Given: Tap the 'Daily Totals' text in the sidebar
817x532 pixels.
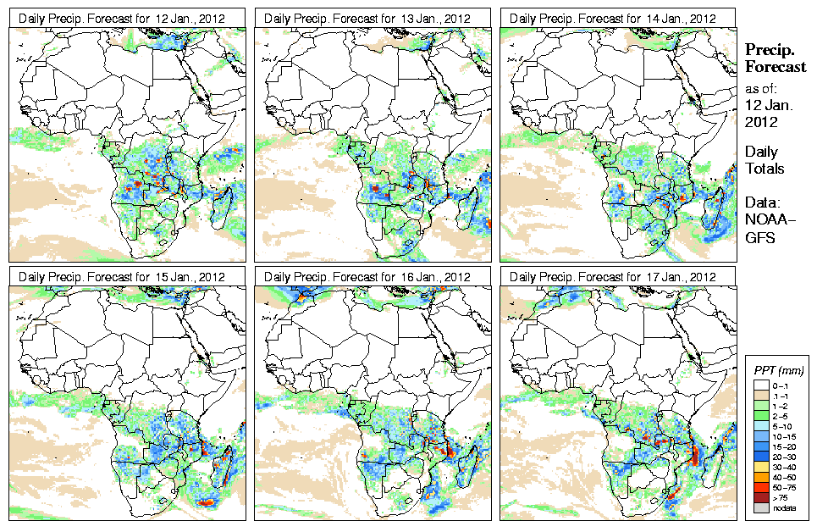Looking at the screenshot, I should click(765, 160).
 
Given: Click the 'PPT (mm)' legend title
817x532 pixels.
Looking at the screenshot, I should click(778, 370).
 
